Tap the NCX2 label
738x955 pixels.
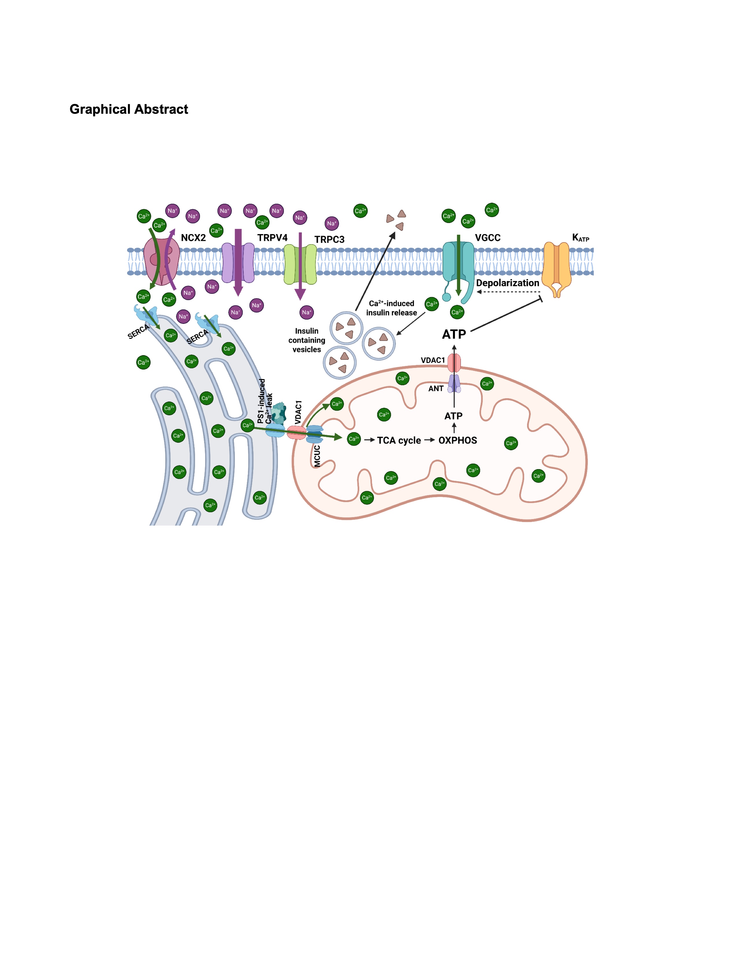pyautogui.click(x=193, y=238)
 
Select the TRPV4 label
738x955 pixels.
pyautogui.click(x=272, y=238)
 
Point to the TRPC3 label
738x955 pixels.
pyautogui.click(x=329, y=240)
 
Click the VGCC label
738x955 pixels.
pyautogui.click(x=487, y=238)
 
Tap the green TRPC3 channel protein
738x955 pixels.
pyautogui.click(x=300, y=264)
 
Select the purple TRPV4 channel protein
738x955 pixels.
pyautogui.click(x=238, y=262)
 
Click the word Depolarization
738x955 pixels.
pyautogui.click(x=508, y=283)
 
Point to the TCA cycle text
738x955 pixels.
pyautogui.click(x=399, y=440)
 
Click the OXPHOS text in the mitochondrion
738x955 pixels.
pyautogui.click(x=458, y=440)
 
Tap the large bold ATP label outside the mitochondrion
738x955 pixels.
pyautogui.click(x=454, y=335)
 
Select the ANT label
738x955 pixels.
pyautogui.click(x=436, y=388)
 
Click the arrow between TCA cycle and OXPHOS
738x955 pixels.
pyautogui.click(x=430, y=440)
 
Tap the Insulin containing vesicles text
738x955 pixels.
pyautogui.click(x=306, y=340)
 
